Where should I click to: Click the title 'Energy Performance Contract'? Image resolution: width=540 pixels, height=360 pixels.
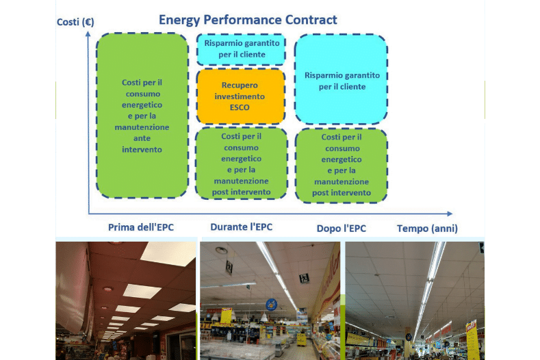248,20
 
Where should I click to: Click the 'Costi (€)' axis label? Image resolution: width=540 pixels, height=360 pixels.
75,22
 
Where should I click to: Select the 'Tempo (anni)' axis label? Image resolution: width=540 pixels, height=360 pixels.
427,229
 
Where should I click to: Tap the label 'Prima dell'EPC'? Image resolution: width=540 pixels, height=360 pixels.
141,227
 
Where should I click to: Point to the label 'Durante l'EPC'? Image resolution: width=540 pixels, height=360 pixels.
242,227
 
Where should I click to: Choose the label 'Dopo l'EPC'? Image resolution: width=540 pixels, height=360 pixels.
342,229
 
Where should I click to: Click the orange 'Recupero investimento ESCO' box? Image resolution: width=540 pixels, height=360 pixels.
241,96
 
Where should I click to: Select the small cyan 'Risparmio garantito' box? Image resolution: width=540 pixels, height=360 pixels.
241,49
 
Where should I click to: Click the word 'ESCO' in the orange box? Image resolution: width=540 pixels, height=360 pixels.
240,107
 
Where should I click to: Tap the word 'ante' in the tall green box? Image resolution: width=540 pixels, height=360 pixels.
142,138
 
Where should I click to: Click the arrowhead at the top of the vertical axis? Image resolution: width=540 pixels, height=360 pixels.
88,34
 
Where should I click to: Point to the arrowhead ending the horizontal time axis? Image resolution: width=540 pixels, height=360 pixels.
450,214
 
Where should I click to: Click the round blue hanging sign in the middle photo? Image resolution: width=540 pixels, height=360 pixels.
272,305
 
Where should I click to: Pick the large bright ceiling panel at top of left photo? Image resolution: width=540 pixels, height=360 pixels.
168,254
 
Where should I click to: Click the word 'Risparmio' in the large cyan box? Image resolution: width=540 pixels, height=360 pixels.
322,75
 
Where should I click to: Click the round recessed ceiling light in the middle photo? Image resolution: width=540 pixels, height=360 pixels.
221,250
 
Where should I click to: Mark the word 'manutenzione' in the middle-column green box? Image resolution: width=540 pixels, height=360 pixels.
241,181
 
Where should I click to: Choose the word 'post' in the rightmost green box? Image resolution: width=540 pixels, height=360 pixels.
320,193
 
